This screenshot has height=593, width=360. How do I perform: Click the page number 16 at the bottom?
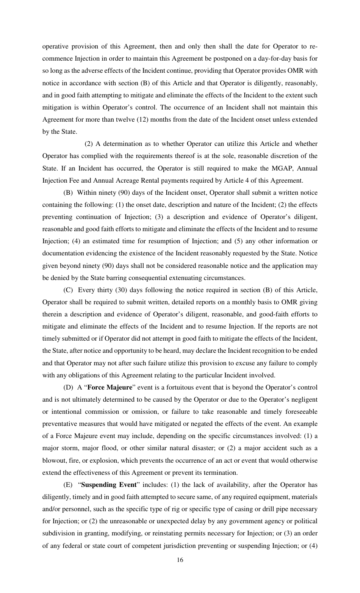point(180,560)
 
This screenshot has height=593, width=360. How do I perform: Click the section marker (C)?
point(68,290)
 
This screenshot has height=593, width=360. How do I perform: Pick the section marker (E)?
point(68,485)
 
